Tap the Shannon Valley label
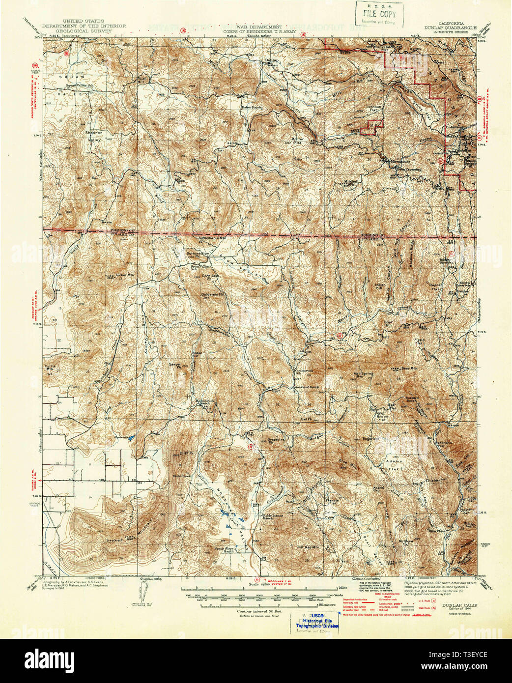pos(93,136)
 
